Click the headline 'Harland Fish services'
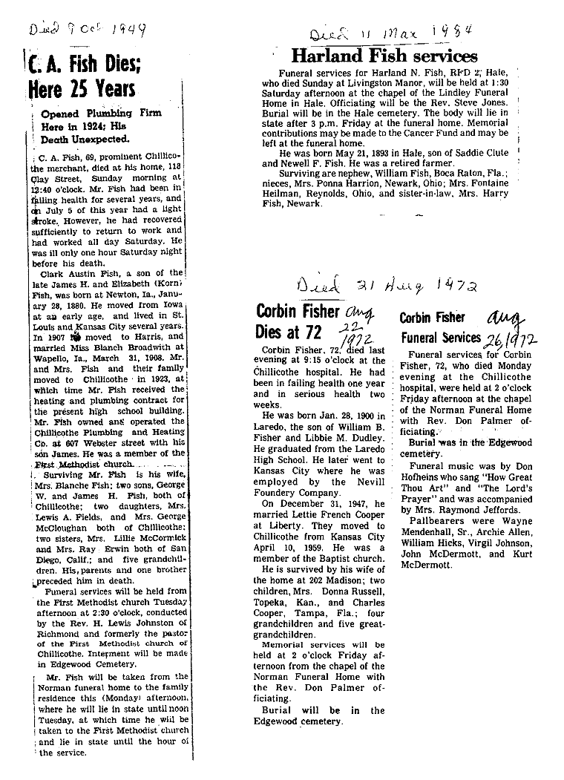pos(384,56)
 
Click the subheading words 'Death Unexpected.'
pos(85,138)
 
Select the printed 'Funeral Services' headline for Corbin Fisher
pos(440,338)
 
